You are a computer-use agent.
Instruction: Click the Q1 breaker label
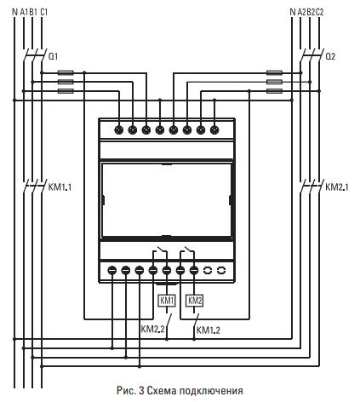click(54, 56)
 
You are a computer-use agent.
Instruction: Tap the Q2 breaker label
click(331, 56)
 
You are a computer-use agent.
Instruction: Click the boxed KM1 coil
click(167, 301)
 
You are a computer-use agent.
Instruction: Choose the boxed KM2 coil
click(195, 301)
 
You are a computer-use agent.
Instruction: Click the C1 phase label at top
click(44, 11)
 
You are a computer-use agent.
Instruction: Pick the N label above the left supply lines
click(14, 11)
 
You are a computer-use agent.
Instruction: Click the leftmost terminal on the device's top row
click(119, 130)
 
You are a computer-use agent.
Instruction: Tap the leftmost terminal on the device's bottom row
click(112, 269)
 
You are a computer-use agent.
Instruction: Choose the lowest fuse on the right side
click(274, 90)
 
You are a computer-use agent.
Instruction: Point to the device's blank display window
click(166, 200)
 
